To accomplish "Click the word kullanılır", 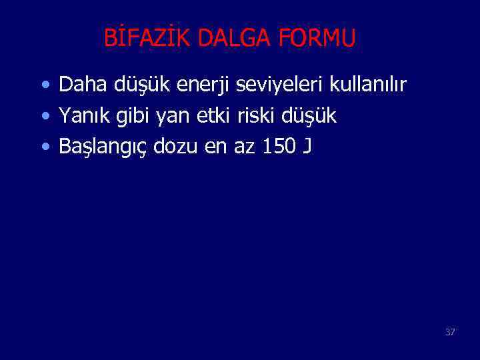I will [368, 85].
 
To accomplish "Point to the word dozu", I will [176, 146].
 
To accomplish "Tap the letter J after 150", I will [306, 147].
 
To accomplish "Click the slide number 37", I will [450, 331].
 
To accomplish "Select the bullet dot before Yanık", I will [44, 117].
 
